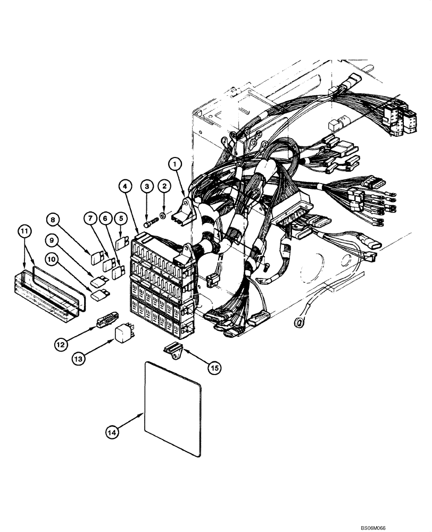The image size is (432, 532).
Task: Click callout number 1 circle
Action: pos(176,164)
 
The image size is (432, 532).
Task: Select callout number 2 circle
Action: pos(165,186)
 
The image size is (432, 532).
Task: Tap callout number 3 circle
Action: pos(147,186)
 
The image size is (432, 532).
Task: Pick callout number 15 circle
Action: pos(214,367)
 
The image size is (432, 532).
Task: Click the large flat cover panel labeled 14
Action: pos(173,410)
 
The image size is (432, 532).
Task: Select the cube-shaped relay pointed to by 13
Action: pos(123,335)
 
